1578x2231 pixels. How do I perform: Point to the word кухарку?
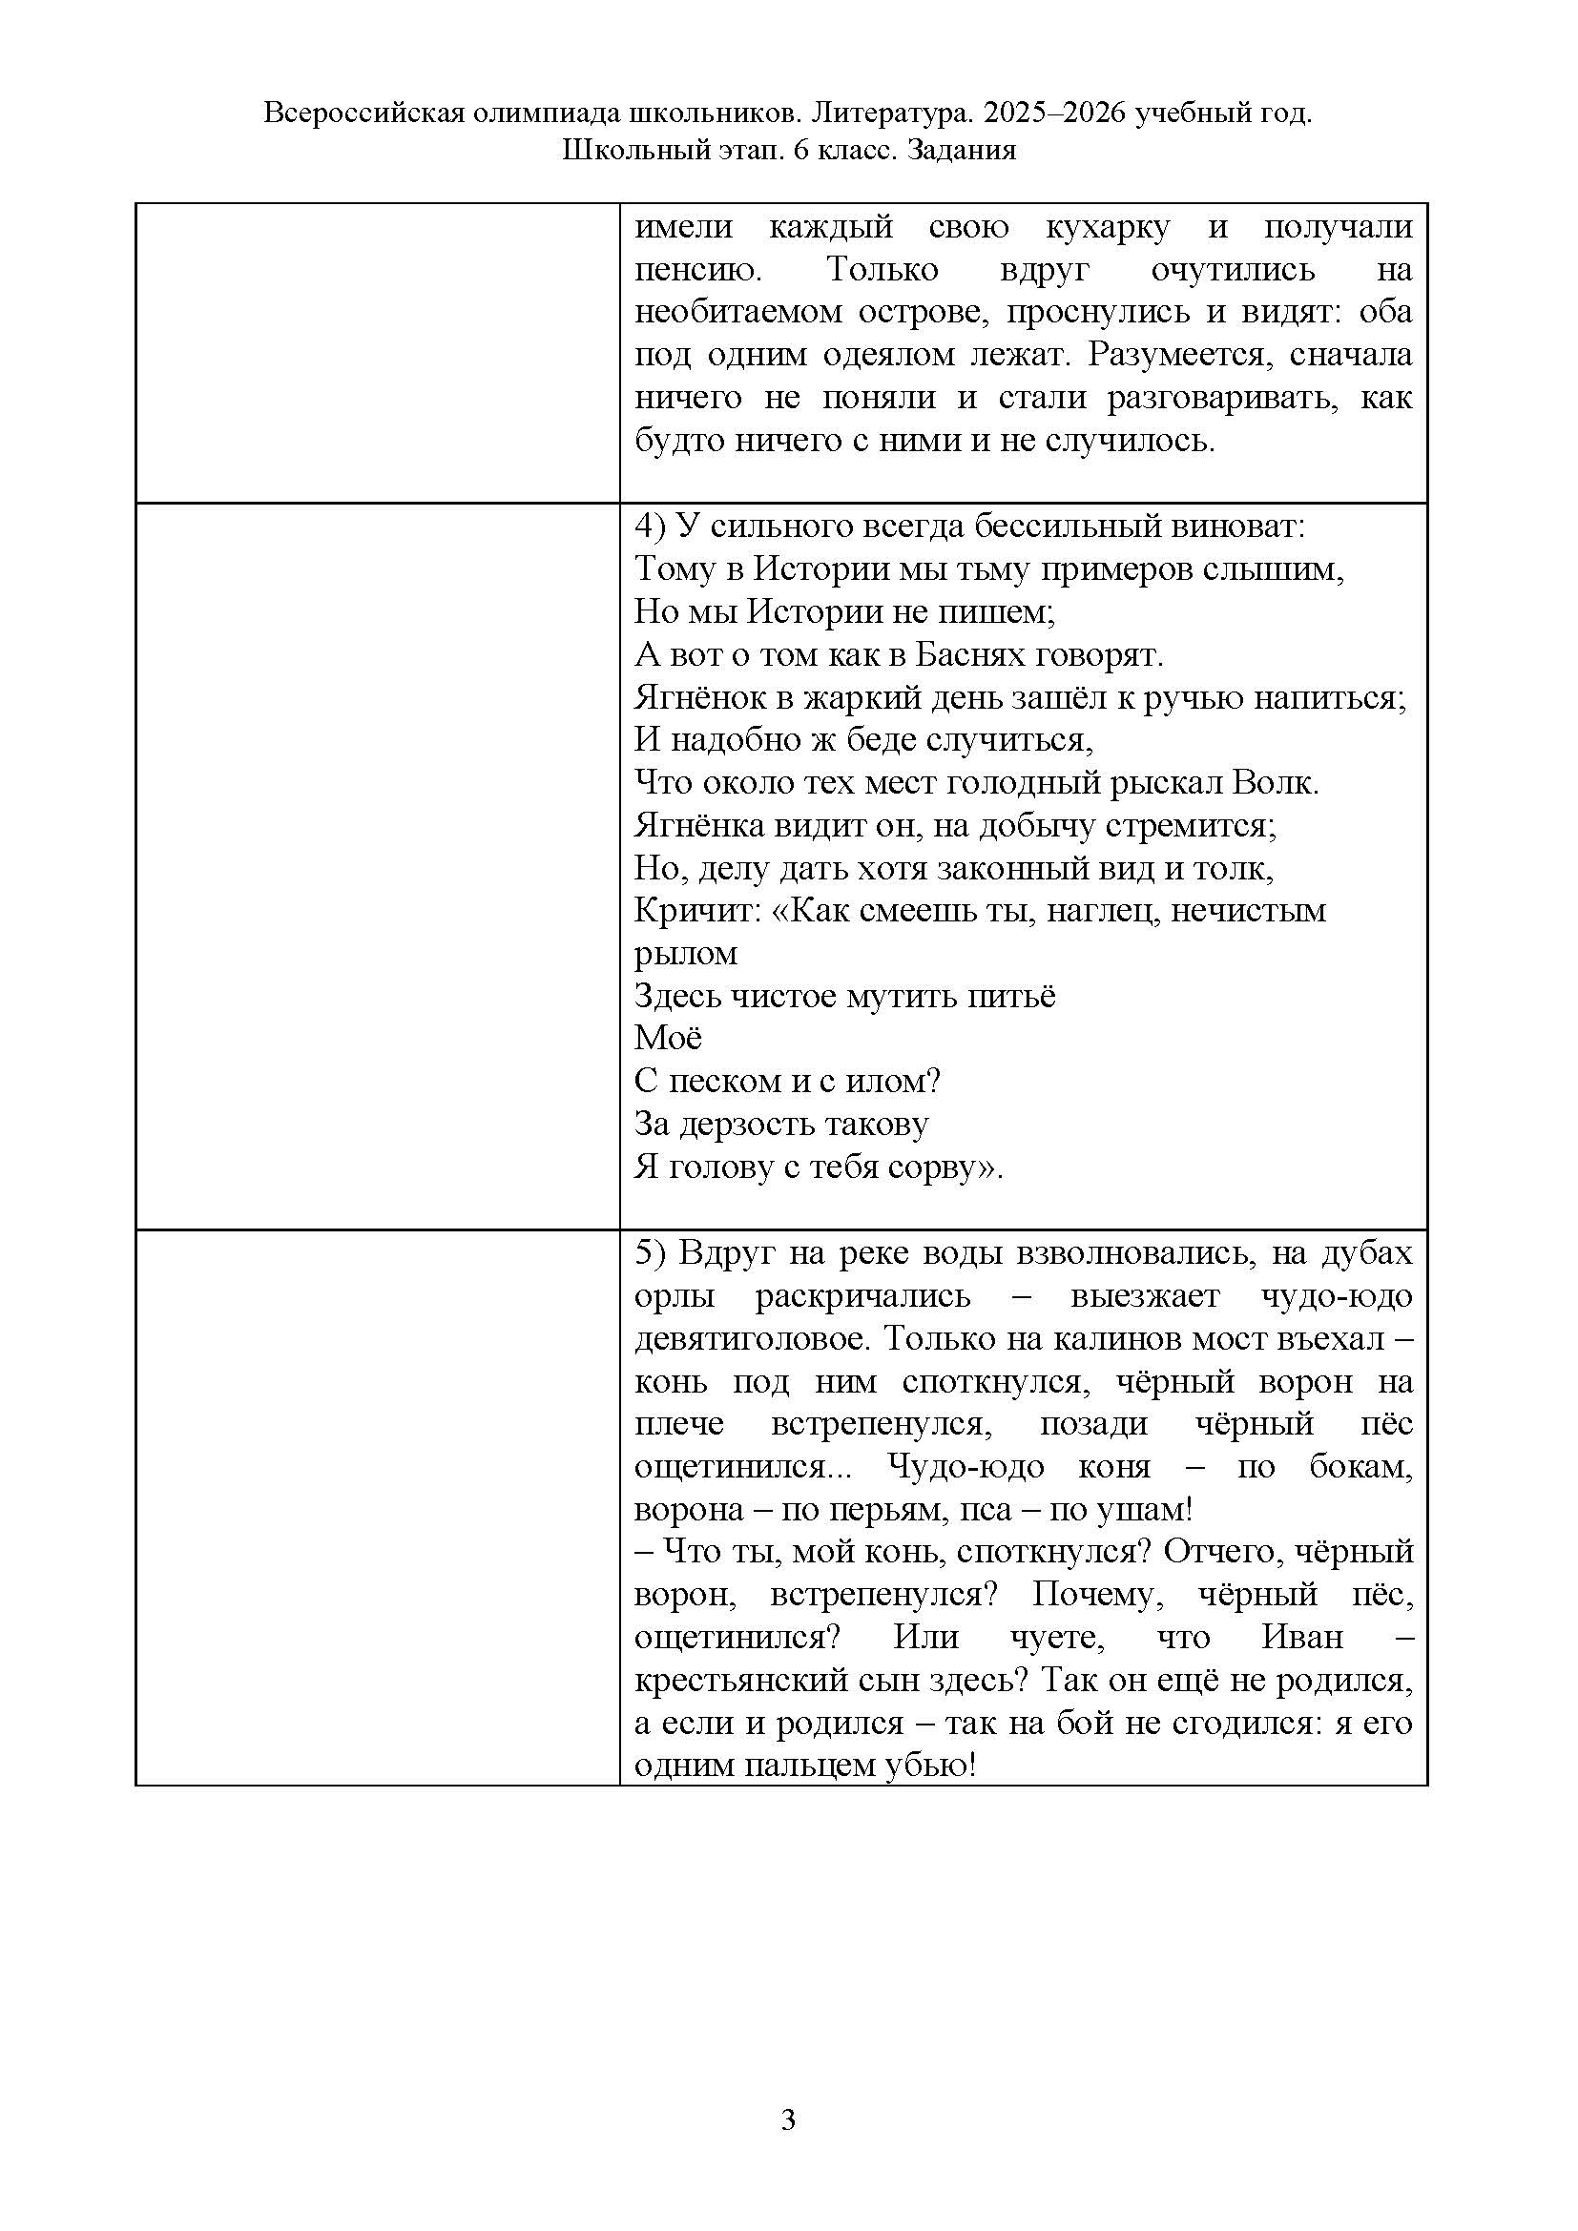1108,227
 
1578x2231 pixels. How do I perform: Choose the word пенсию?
696,270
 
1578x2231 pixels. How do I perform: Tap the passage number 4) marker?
650,527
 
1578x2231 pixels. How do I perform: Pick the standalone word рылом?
686,954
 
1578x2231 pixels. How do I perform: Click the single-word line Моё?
668,1039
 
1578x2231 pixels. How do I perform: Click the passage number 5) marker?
650,1254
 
